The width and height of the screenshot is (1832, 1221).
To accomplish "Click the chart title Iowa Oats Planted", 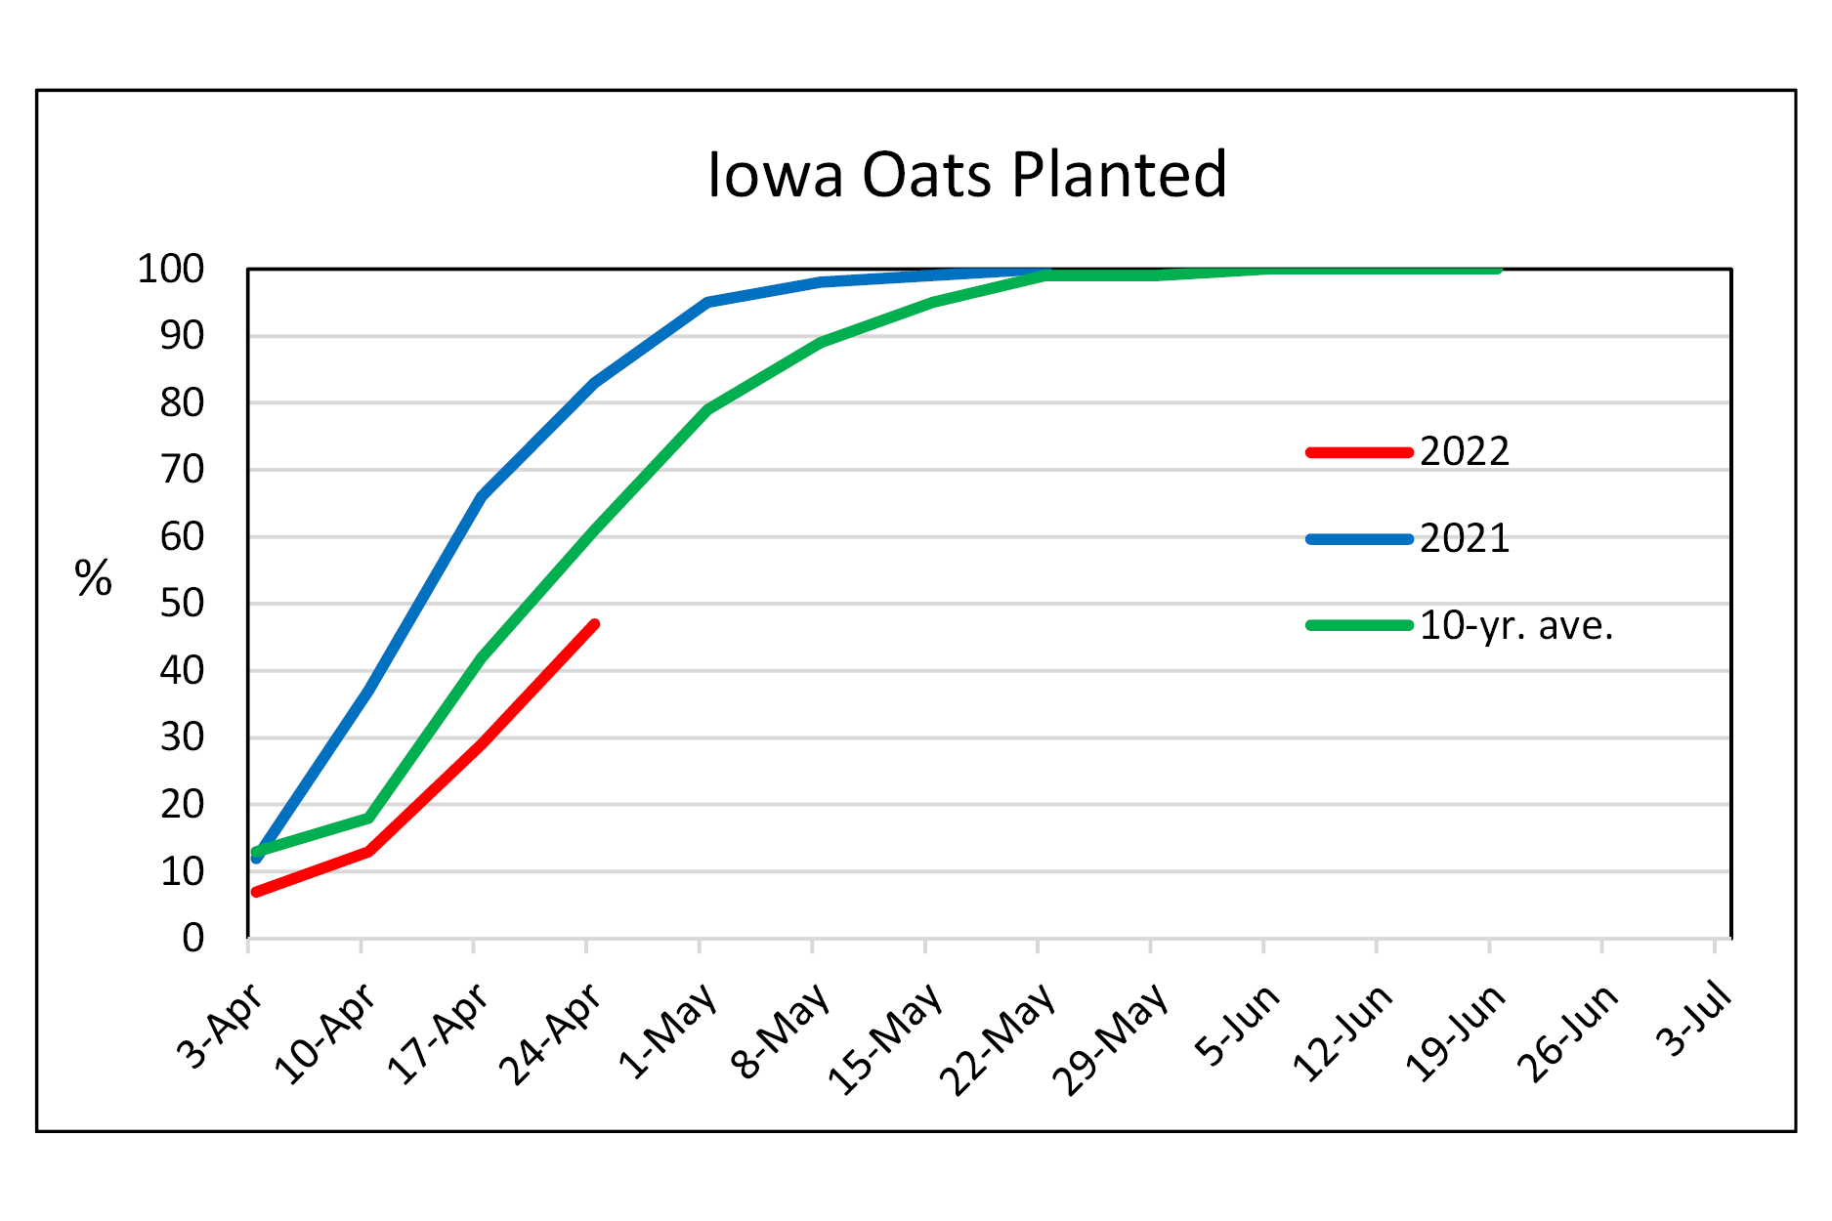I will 966,176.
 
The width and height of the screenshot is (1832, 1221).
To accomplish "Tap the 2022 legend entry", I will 1464,452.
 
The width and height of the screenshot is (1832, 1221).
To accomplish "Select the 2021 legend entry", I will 1464,539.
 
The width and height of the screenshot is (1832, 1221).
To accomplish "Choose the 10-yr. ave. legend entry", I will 1515,626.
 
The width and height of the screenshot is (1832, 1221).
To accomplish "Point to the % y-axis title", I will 94,579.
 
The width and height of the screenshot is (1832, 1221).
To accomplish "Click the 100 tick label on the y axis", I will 171,270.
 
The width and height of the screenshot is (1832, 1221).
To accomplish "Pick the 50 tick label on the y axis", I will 182,604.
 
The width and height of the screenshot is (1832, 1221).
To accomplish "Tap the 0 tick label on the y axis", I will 193,939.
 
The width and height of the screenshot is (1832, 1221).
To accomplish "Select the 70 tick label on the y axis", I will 182,470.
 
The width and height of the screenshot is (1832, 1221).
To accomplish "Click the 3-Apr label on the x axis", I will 221,1026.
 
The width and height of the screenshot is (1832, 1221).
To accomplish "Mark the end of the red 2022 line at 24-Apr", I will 594,624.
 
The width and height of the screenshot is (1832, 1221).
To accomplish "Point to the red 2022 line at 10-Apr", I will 368,852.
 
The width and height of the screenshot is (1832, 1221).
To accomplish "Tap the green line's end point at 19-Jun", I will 1497,270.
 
